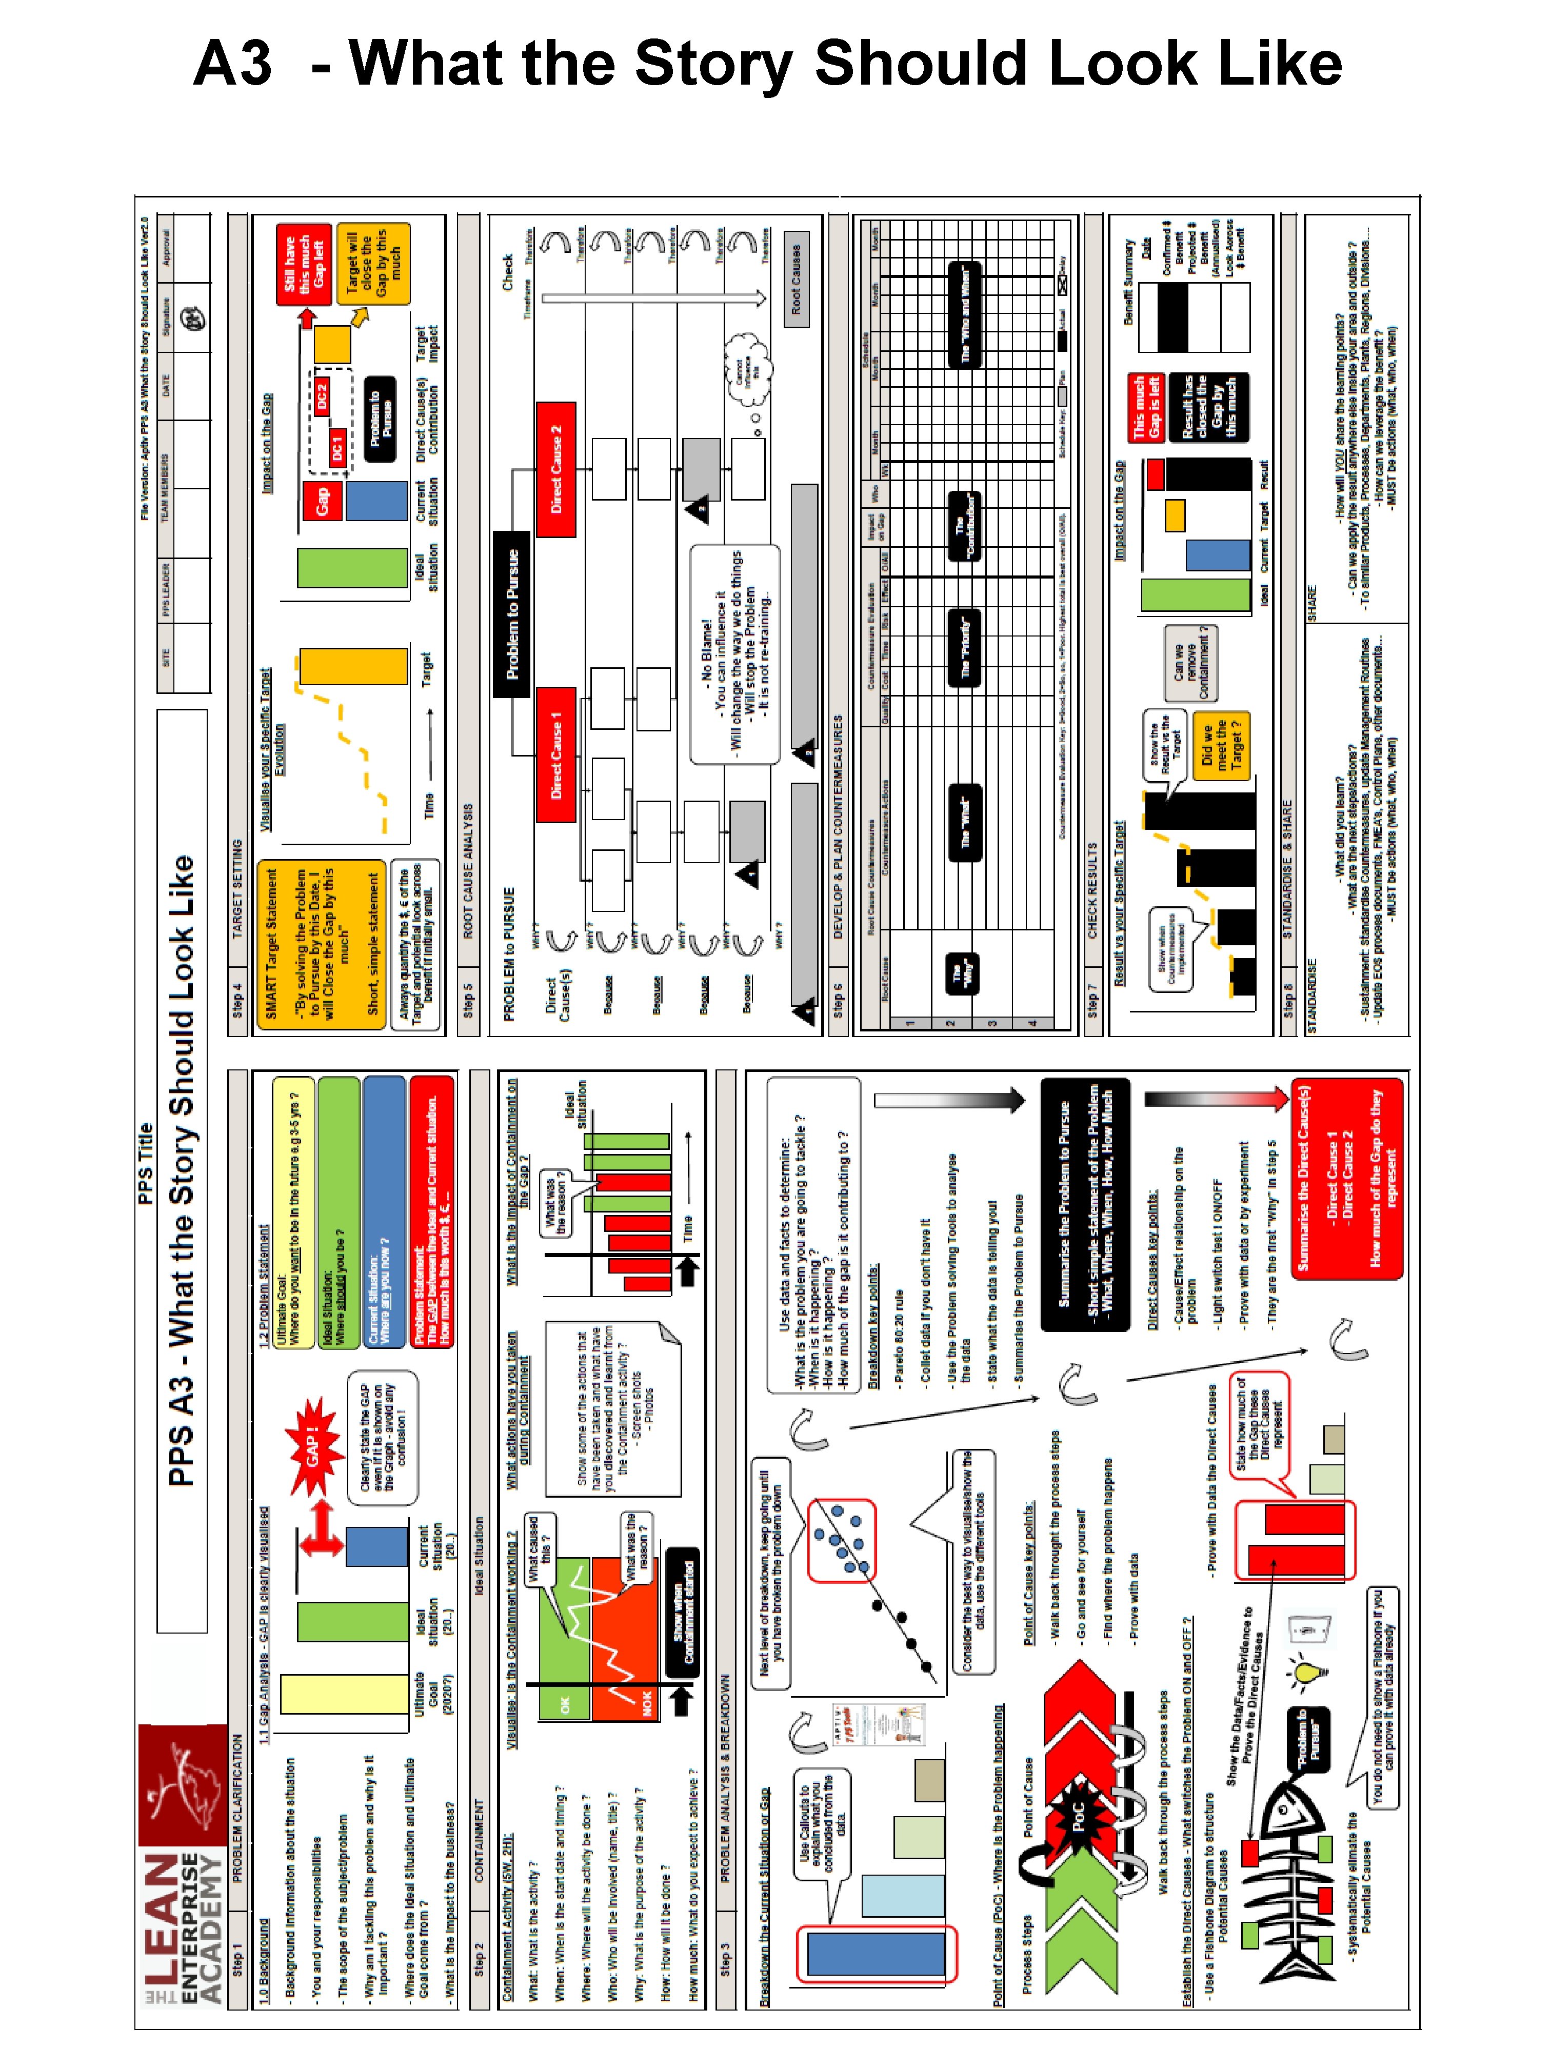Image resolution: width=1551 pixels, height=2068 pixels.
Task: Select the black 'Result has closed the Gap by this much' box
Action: (x=1216, y=407)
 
